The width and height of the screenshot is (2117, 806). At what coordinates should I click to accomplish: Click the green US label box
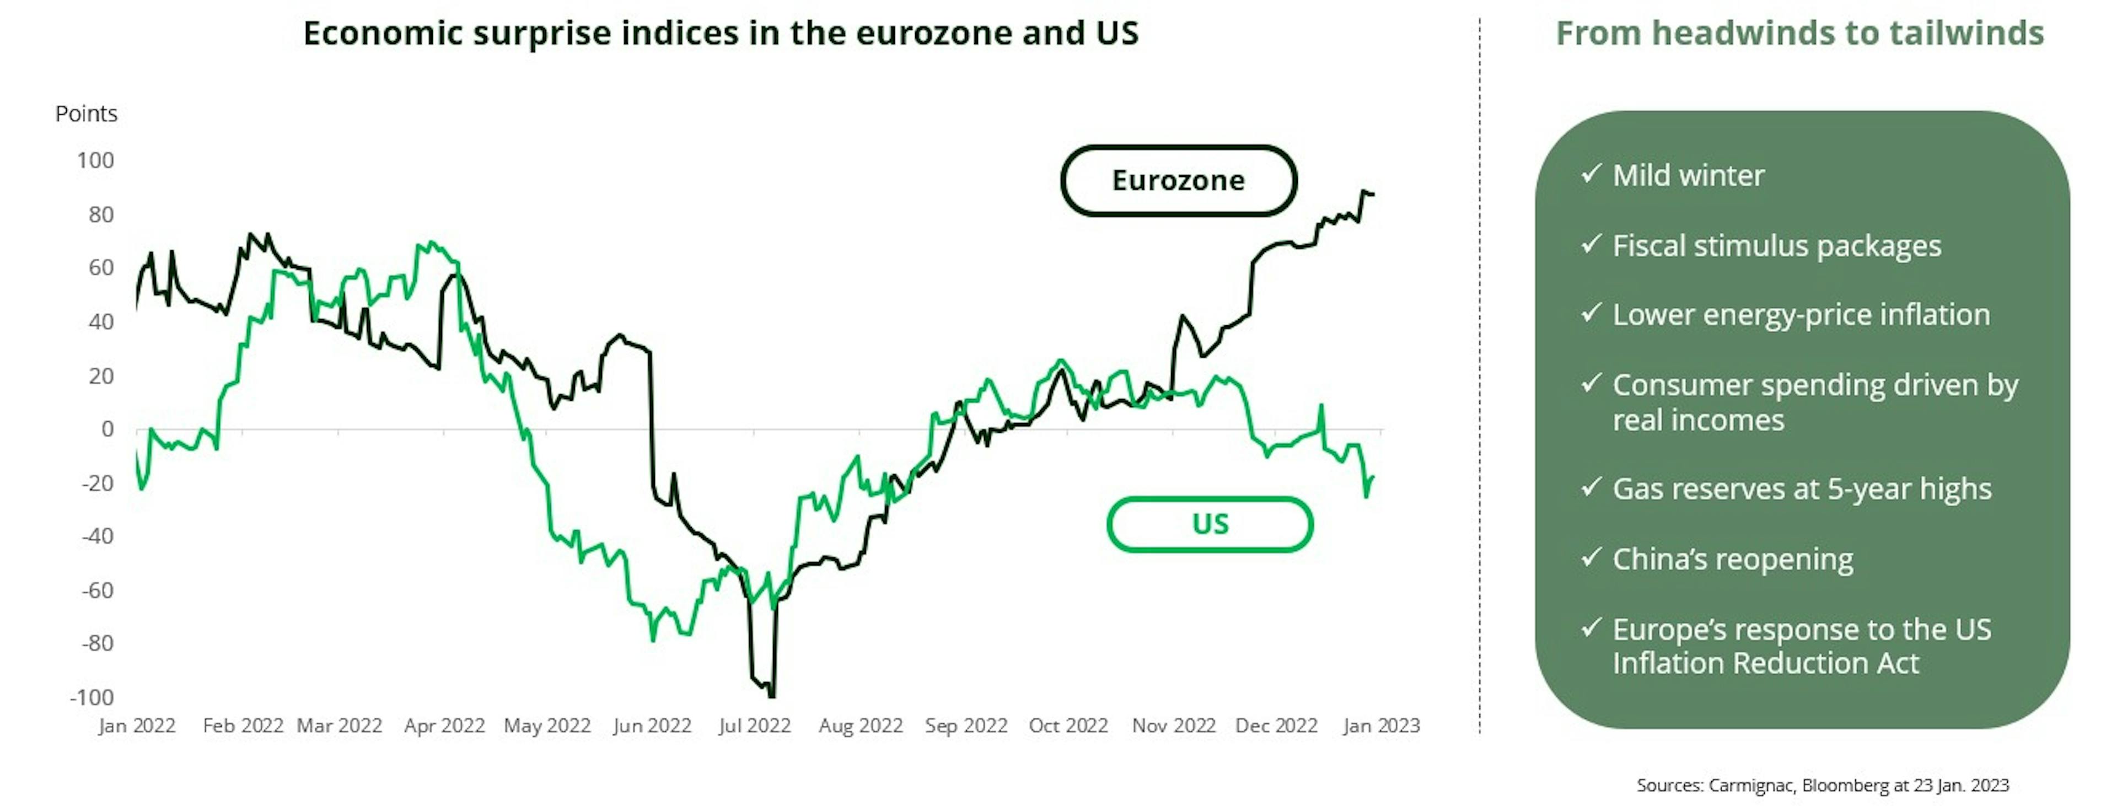click(x=1210, y=524)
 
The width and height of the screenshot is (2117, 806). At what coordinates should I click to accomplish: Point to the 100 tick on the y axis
click(x=95, y=160)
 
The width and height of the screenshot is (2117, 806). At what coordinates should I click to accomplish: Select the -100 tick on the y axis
click(x=92, y=697)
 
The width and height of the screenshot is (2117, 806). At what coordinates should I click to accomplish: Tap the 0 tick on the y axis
click(x=107, y=429)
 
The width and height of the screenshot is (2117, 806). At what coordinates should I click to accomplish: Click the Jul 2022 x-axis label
click(x=754, y=726)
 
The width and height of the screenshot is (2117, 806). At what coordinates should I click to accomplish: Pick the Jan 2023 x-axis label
click(x=1380, y=726)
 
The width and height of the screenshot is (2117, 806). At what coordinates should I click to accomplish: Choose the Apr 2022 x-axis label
click(x=444, y=726)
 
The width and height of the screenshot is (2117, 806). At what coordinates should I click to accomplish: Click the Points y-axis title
click(x=87, y=114)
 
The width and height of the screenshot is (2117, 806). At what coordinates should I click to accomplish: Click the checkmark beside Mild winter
click(x=1591, y=173)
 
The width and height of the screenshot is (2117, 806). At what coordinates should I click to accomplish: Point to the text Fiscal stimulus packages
click(x=1777, y=246)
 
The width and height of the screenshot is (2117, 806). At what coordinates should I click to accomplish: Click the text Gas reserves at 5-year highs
click(x=1802, y=489)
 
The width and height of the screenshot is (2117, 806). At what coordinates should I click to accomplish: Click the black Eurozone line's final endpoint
click(x=1373, y=195)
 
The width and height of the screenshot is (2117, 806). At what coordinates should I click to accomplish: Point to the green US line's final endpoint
click(x=1373, y=477)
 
